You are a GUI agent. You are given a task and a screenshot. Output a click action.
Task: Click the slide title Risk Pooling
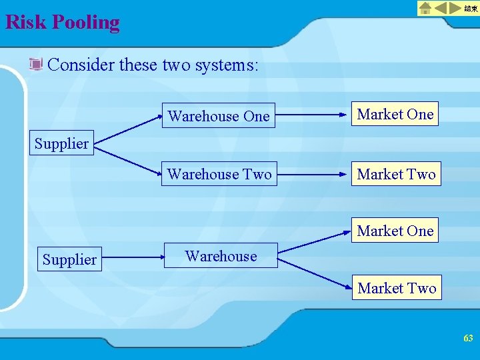(x=62, y=23)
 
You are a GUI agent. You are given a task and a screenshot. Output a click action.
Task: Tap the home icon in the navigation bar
(x=425, y=9)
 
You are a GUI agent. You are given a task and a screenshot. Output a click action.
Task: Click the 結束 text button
(x=471, y=9)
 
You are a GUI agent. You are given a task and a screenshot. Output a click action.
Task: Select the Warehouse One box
(x=219, y=116)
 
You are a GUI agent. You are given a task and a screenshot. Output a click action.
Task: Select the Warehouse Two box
(x=219, y=174)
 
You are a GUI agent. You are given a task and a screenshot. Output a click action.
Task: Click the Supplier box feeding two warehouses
(x=61, y=143)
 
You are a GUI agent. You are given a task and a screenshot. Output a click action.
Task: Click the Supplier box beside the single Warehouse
(x=69, y=259)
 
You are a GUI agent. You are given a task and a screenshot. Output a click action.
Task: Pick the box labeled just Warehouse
(x=221, y=256)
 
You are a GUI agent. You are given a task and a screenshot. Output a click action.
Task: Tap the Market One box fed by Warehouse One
(x=395, y=114)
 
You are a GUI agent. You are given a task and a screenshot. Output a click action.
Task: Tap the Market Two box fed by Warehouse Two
(x=396, y=174)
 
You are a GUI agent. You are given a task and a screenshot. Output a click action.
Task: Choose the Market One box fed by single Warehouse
(x=395, y=231)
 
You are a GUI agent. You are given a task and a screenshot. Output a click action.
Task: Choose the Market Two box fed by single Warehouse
(x=397, y=288)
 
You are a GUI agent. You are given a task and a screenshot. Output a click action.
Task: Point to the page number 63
(x=468, y=339)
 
